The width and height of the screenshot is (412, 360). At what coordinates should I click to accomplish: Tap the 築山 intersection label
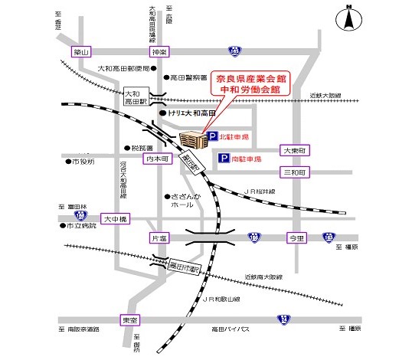(81, 52)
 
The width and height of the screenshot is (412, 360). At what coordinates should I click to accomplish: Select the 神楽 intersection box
(159, 52)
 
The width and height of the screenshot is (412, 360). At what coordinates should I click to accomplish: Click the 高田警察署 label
(188, 77)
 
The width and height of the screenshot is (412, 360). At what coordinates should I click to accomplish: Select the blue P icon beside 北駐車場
(212, 138)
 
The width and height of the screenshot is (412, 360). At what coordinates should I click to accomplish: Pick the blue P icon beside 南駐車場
(224, 159)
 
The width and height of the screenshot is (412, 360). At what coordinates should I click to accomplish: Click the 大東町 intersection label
(294, 150)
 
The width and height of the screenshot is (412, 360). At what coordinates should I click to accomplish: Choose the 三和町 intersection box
(294, 173)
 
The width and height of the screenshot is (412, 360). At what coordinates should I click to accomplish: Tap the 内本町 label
(158, 159)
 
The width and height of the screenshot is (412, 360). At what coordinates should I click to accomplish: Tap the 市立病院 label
(81, 227)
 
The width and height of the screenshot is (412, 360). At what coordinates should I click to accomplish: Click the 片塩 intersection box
(159, 239)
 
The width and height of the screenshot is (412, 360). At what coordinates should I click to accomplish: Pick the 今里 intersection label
(296, 239)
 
